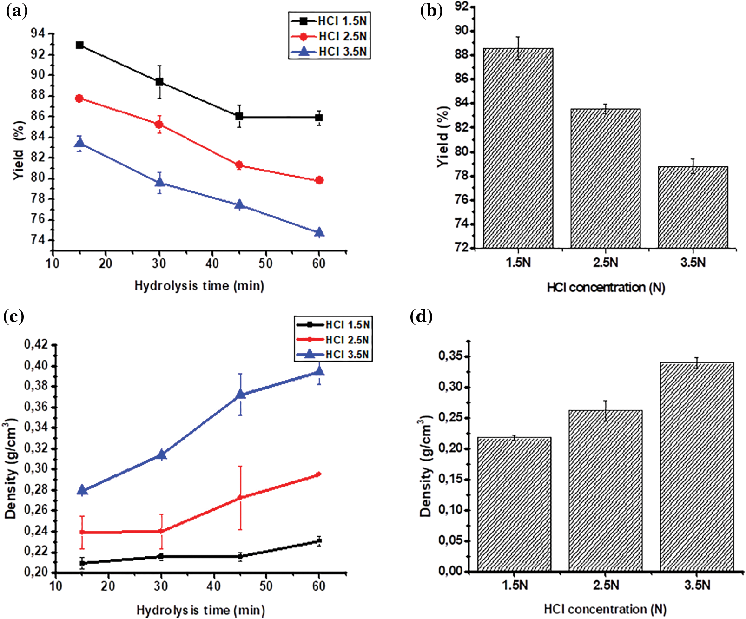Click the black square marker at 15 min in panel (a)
[80, 45]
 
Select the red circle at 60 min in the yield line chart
[319, 180]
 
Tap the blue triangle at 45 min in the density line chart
[240, 395]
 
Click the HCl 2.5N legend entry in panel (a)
[329, 36]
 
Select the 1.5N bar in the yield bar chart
[518, 149]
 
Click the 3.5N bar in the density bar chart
[696, 467]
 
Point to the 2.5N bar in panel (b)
[605, 179]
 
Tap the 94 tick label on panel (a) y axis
[38, 33]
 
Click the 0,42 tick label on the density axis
[36, 345]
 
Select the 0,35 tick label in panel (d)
[450, 356]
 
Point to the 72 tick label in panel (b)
[462, 248]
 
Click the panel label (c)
[13, 316]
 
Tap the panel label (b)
[431, 10]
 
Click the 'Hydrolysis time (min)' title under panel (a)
[199, 285]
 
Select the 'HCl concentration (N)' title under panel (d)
[605, 609]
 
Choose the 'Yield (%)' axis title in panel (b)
[443, 137]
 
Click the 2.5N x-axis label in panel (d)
[606, 585]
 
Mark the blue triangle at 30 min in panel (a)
[160, 183]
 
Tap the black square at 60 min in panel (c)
[319, 540]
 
